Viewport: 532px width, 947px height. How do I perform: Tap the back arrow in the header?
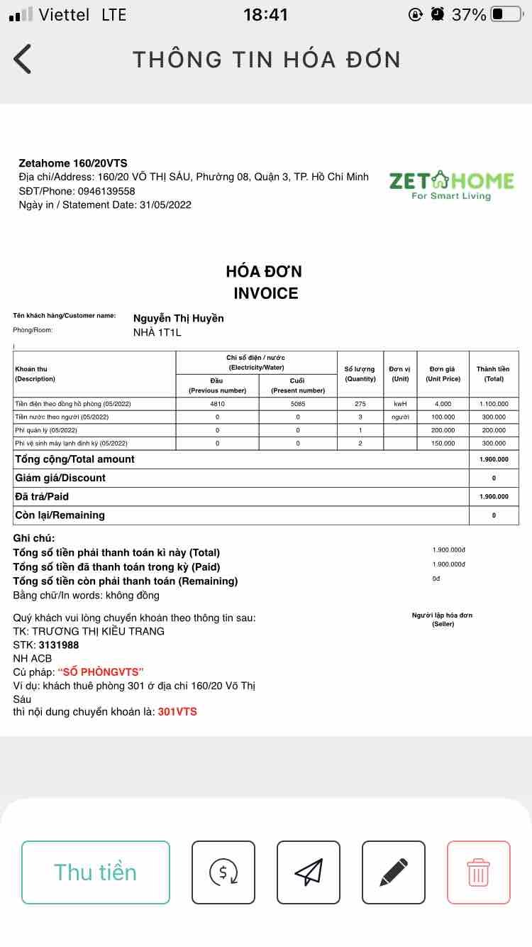[23, 59]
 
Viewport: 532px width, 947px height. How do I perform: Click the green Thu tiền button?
[96, 872]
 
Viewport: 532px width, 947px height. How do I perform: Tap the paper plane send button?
[309, 872]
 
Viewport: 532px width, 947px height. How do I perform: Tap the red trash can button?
[478, 872]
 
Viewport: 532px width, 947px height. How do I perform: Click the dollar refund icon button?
[223, 872]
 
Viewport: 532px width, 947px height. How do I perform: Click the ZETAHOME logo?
[451, 185]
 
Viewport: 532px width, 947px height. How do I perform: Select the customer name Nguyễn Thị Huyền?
[179, 318]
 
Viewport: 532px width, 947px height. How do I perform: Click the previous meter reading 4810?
[217, 404]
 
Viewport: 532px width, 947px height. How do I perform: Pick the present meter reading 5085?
[298, 404]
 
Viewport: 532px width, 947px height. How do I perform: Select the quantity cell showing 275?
[360, 404]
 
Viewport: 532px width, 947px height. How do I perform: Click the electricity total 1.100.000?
[494, 404]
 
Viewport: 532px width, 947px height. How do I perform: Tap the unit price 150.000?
[443, 443]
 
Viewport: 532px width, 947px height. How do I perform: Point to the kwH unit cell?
[400, 404]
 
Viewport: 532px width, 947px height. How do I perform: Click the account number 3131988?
[59, 645]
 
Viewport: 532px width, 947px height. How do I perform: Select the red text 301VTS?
[177, 711]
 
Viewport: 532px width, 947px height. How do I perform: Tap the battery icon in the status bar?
[505, 14]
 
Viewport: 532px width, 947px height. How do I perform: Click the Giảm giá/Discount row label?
[60, 478]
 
